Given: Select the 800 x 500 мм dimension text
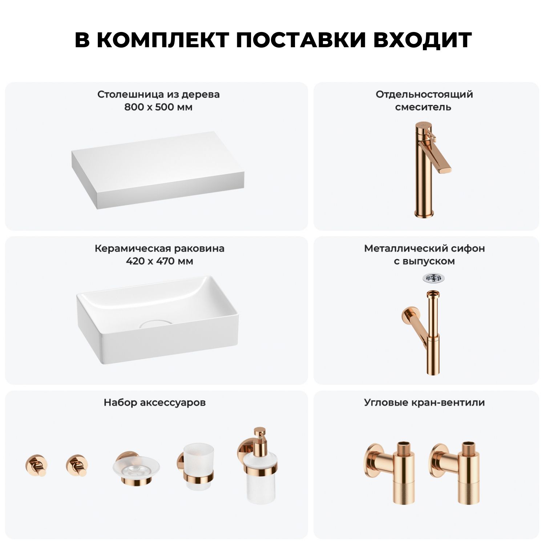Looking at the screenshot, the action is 158,107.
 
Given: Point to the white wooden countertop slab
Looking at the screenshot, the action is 158,170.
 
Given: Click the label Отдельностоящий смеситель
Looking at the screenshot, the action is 424,101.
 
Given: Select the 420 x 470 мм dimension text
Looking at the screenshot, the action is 160,261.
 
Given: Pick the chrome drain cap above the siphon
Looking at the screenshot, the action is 433,278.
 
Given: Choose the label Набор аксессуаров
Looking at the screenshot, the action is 154,403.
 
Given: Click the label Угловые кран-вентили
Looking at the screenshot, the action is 424,403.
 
